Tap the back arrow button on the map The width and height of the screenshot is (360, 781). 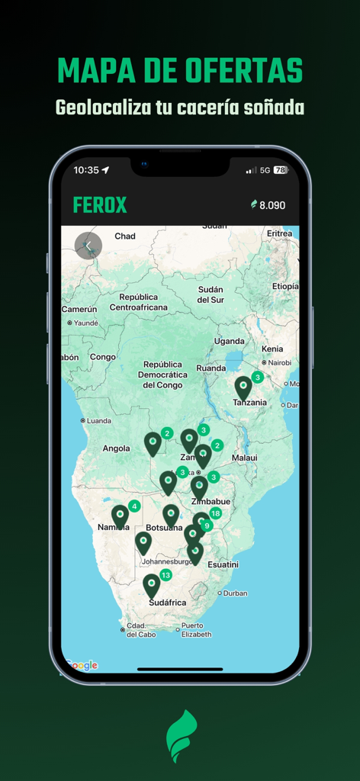(x=88, y=246)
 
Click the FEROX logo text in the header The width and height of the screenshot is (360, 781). (x=100, y=205)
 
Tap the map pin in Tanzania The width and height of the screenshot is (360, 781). (x=243, y=387)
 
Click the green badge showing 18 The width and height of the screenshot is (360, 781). (x=216, y=513)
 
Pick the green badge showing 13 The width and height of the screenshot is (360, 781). (x=166, y=574)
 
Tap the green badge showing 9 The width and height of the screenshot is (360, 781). (x=207, y=525)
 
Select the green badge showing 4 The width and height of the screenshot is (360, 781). (x=134, y=506)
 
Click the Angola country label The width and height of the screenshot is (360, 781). (x=116, y=448)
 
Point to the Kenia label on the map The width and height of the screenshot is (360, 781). (x=272, y=349)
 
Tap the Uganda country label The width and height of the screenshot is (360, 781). (x=229, y=341)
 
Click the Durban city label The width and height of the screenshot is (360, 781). (x=235, y=593)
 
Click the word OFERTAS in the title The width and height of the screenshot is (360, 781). (x=243, y=71)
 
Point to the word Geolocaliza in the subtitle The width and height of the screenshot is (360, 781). (x=102, y=108)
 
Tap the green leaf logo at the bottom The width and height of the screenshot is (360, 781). (x=182, y=736)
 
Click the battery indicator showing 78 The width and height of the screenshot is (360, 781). (x=280, y=170)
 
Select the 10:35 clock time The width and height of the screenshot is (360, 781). (x=86, y=170)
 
